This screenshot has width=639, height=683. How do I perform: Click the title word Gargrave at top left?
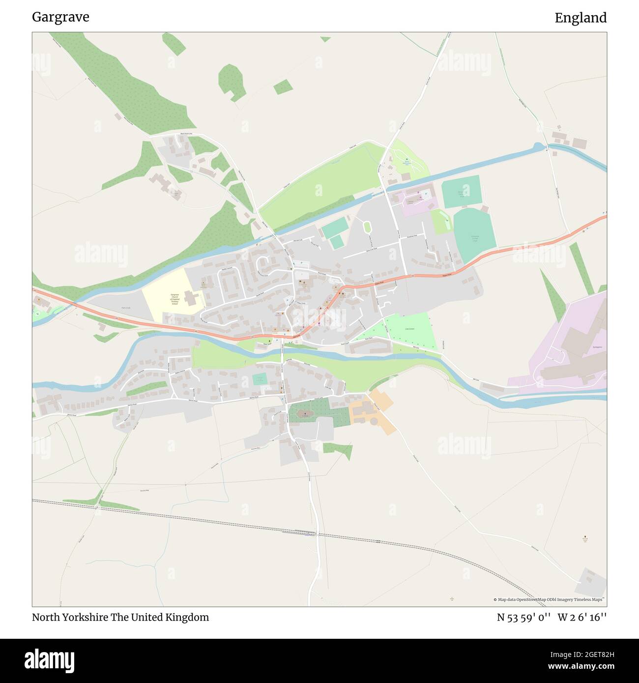point(60,17)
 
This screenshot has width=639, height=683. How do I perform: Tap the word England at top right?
point(581,18)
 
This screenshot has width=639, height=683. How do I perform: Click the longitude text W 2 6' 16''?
point(582,617)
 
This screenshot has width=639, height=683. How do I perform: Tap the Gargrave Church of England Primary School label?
point(174,299)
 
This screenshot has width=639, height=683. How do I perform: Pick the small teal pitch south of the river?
point(260,379)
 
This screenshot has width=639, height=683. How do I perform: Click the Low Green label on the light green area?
point(410,329)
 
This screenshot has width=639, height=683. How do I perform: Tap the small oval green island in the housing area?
point(367,228)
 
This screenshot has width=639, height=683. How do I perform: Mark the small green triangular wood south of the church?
point(339,449)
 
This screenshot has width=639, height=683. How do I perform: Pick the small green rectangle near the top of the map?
point(283,87)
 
